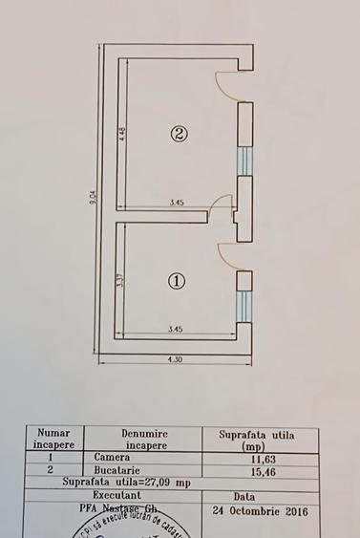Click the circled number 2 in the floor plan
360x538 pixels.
point(179,134)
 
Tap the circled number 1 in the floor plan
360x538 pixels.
point(177,281)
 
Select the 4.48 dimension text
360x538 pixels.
point(123,134)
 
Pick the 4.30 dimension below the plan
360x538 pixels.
point(176,360)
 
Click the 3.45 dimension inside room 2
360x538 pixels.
point(177,203)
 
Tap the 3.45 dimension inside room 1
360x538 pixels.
point(176,330)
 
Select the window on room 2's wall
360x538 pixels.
point(244,161)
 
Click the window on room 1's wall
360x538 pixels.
point(244,304)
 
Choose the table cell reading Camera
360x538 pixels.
point(112,458)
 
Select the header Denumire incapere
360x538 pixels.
point(145,440)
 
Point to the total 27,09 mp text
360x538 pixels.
point(128,484)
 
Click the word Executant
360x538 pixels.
point(129,497)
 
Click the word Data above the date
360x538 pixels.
point(244,497)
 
